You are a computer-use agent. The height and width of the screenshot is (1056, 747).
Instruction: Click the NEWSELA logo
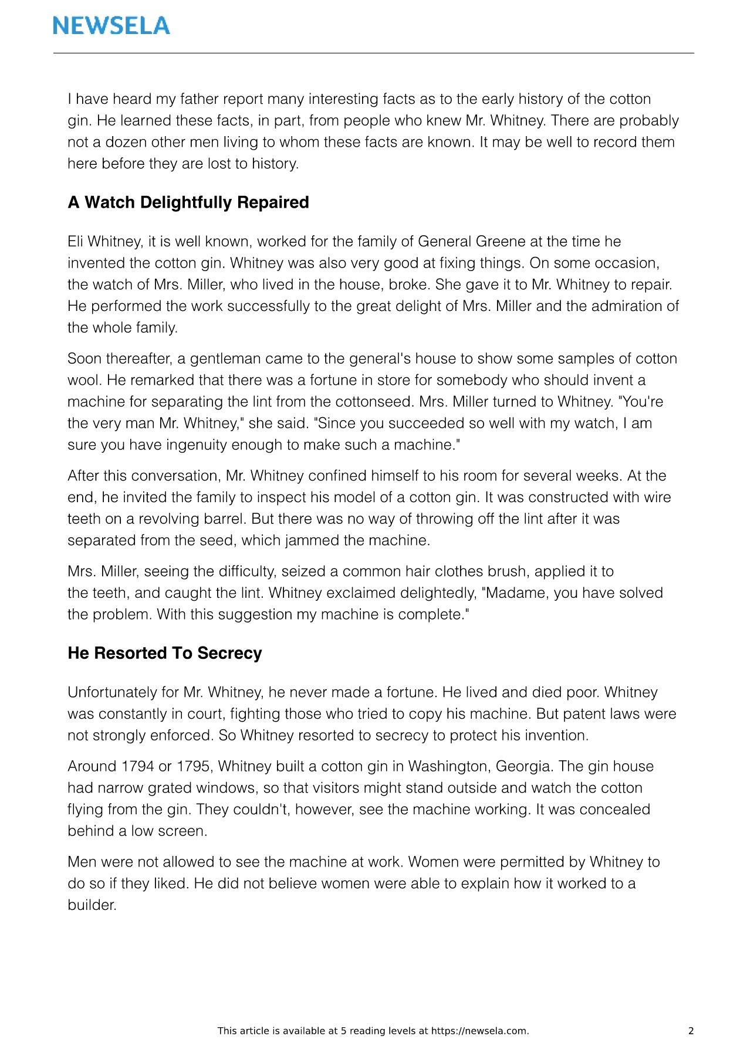pos(111,25)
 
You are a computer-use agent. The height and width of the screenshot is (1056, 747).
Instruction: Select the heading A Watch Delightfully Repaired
pos(188,202)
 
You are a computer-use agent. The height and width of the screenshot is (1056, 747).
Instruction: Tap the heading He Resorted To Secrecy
pos(164,654)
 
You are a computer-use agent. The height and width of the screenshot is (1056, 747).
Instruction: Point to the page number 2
pos(691,1031)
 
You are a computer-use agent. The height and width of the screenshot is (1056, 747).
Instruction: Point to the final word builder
pos(92,905)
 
